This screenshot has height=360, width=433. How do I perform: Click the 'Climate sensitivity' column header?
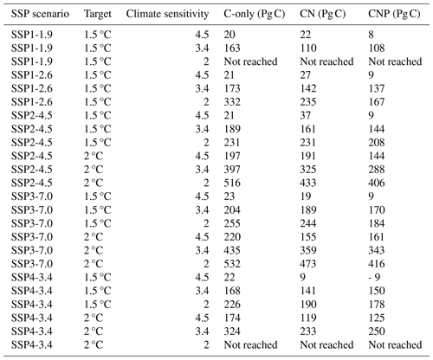pyautogui.click(x=167, y=14)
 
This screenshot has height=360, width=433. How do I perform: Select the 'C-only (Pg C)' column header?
pyautogui.click(x=255, y=14)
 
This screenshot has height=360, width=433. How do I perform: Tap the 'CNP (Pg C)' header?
pyautogui.click(x=394, y=14)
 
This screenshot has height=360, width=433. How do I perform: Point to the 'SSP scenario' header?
pyautogui.click(x=40, y=14)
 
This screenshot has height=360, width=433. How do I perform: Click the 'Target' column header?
pyautogui.click(x=98, y=14)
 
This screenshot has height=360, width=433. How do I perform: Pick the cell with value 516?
pyautogui.click(x=232, y=183)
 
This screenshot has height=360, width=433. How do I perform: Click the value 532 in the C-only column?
pyautogui.click(x=232, y=264)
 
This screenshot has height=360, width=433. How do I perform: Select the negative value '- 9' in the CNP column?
pyautogui.click(x=374, y=278)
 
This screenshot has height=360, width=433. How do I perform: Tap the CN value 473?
pyautogui.click(x=308, y=264)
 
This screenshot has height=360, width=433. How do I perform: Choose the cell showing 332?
pyautogui.click(x=232, y=102)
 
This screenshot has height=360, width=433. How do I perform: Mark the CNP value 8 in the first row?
pyautogui.click(x=372, y=35)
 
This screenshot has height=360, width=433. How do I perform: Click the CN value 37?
pyautogui.click(x=306, y=115)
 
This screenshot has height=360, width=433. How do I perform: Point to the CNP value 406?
pyautogui.click(x=377, y=183)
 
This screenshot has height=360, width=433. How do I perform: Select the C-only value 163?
pyautogui.click(x=232, y=48)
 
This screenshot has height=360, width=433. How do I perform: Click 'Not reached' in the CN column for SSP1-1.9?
pyautogui.click(x=326, y=61)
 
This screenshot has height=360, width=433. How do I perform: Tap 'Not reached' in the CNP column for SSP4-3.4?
pyautogui.click(x=395, y=345)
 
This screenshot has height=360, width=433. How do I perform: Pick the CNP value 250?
pyautogui.click(x=377, y=331)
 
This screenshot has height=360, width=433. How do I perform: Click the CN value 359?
pyautogui.click(x=308, y=250)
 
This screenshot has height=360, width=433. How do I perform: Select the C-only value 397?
pyautogui.click(x=232, y=170)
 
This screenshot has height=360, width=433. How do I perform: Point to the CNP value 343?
pyautogui.click(x=377, y=250)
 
